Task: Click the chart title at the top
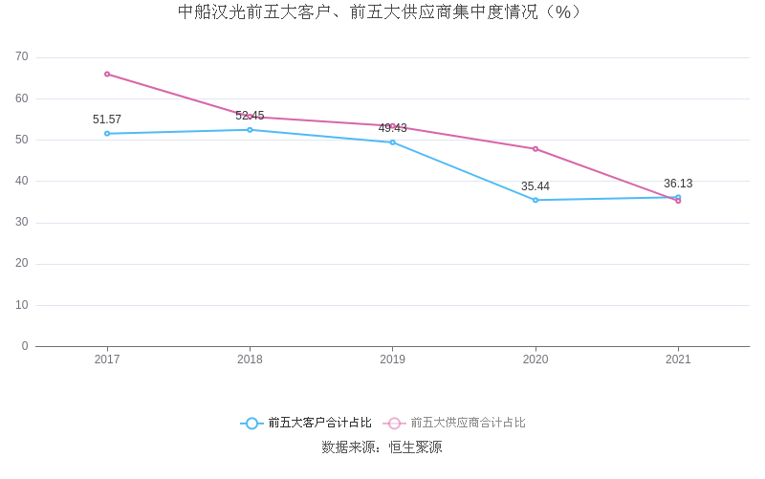(381, 12)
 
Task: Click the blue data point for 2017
(107, 134)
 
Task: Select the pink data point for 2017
(107, 74)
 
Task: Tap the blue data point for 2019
(392, 142)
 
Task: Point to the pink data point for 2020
(535, 149)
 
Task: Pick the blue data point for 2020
(535, 200)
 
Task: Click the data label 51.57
(107, 120)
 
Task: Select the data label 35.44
(535, 186)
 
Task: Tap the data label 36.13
(678, 184)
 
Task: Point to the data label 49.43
(392, 128)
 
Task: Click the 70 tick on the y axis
(22, 57)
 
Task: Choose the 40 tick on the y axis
(22, 181)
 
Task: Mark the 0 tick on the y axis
(25, 346)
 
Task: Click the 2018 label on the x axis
(250, 359)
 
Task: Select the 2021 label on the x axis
(678, 359)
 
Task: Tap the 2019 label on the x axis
(392, 359)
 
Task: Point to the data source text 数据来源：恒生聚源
(382, 447)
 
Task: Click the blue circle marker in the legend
(251, 423)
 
